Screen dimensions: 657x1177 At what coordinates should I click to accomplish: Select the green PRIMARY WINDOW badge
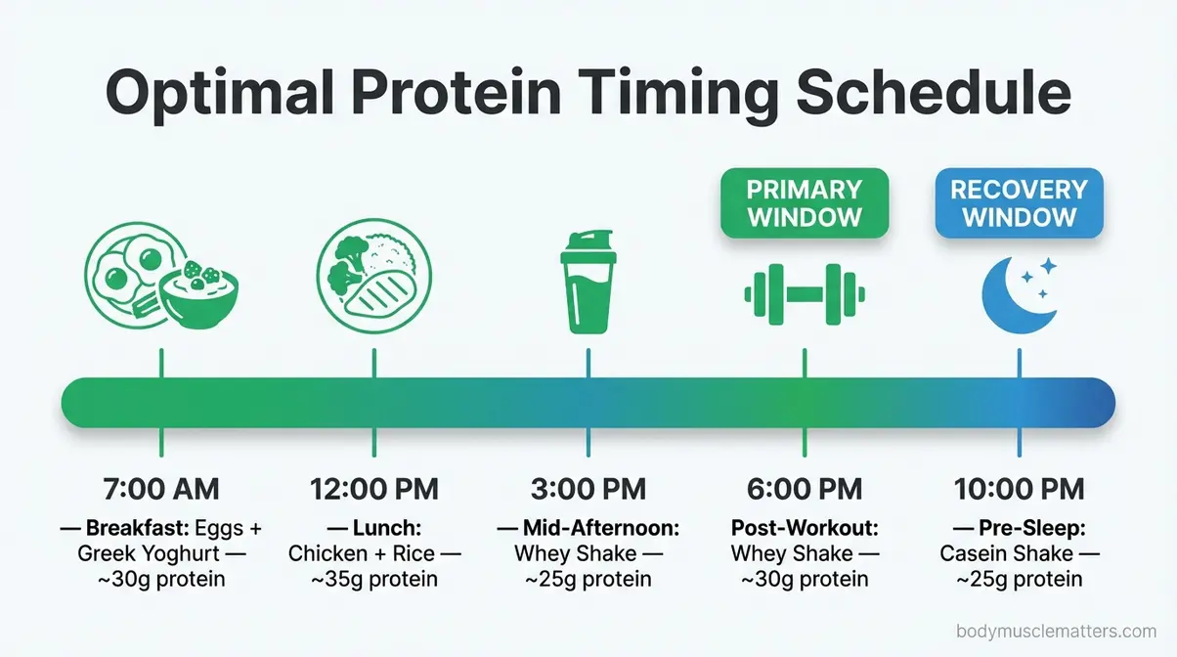805,202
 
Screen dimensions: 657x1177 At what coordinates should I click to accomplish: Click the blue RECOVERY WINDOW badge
1019,202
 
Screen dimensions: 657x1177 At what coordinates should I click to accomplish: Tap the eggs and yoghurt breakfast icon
160,284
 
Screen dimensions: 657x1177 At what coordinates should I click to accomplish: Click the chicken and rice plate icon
373,284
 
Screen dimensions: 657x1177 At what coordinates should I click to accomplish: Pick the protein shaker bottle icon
588,284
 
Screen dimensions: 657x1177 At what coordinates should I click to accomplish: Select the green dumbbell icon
805,292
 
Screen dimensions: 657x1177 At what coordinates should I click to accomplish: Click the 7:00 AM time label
161,489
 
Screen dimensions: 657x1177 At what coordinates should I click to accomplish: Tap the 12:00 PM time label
374,489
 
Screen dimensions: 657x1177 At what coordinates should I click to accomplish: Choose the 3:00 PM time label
588,489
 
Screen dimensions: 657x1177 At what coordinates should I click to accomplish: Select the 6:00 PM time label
805,489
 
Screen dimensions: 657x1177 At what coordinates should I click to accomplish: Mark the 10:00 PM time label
1019,489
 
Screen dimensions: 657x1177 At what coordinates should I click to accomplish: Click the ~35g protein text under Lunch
374,579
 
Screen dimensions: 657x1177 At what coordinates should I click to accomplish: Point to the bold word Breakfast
137,529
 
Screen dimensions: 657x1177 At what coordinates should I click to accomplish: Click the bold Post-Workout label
805,529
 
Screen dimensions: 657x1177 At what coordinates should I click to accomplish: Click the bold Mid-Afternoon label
600,529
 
